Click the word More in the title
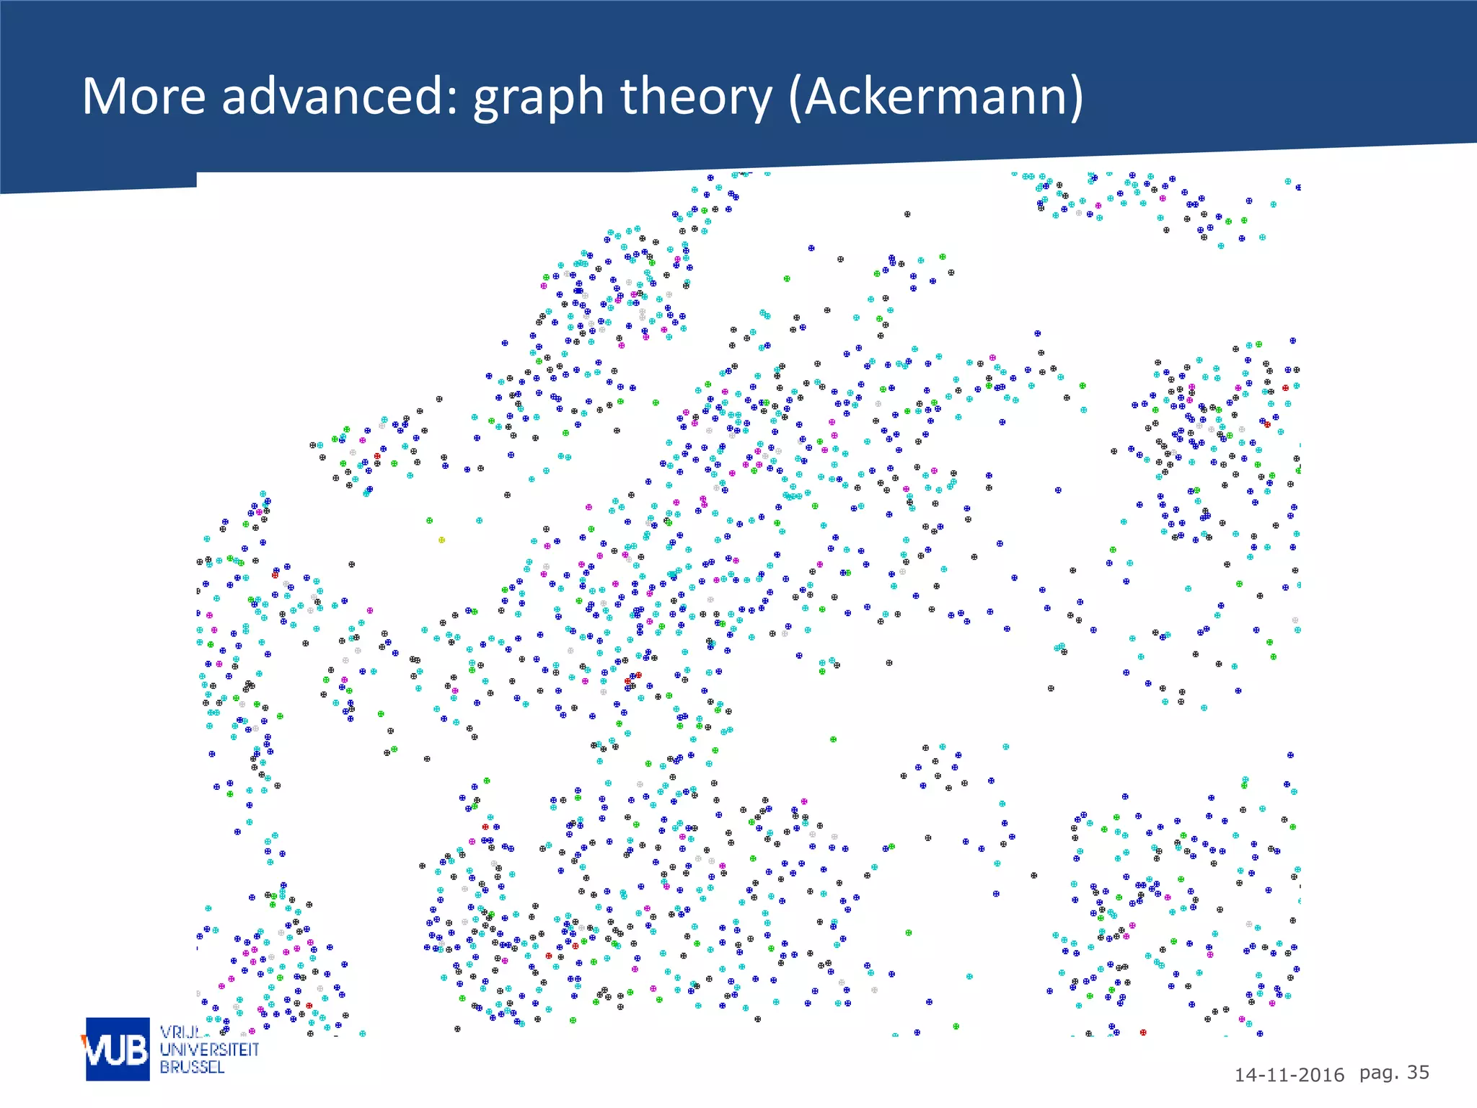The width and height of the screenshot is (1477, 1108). tap(144, 96)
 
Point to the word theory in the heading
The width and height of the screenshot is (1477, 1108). tap(695, 97)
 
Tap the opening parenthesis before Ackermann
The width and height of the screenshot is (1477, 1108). tap(795, 97)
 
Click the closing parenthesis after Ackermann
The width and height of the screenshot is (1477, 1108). tap(1076, 97)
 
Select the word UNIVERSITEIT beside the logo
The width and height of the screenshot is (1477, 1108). tap(209, 1050)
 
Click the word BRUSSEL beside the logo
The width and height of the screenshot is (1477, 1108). tap(192, 1067)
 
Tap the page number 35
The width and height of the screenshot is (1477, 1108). tap(1418, 1073)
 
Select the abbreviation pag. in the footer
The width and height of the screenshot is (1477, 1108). tap(1378, 1073)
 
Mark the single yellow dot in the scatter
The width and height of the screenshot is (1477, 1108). tap(442, 540)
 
